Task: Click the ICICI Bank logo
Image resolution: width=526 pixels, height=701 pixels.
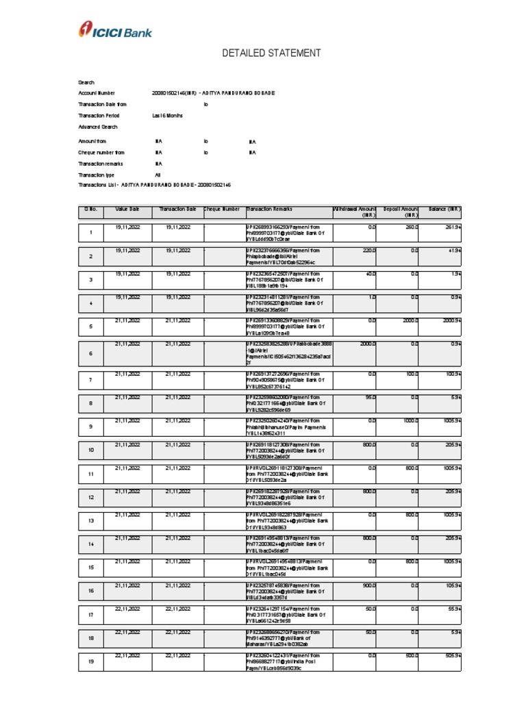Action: click(x=116, y=29)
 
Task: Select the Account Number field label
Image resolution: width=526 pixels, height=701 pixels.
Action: click(x=97, y=93)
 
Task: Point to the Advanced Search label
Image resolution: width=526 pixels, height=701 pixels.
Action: click(x=98, y=127)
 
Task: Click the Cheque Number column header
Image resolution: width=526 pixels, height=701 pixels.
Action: click(x=222, y=209)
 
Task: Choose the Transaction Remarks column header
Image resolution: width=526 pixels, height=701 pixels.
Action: click(x=270, y=209)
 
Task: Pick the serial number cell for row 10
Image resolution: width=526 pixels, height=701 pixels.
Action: click(x=90, y=450)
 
